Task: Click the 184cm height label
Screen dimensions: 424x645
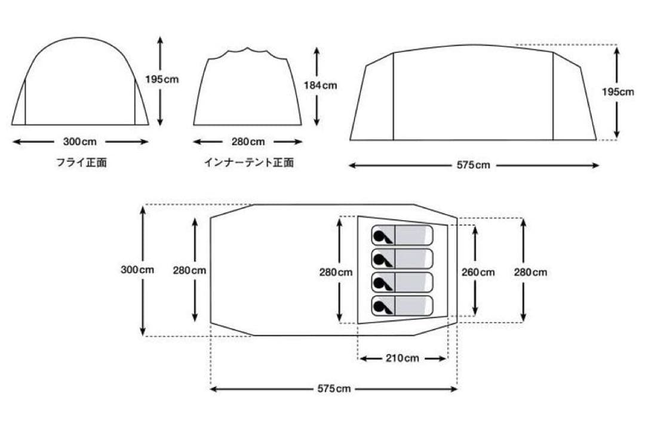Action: tap(320, 85)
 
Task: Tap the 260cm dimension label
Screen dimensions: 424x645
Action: tap(478, 272)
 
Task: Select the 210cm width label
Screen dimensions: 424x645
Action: tap(403, 358)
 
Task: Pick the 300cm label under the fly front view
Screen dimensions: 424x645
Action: tap(79, 142)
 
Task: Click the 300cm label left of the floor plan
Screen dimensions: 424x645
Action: tap(137, 270)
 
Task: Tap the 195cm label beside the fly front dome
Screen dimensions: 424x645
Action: tap(162, 79)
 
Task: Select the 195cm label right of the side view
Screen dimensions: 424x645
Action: tap(618, 92)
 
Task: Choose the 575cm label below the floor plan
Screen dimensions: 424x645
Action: tap(334, 389)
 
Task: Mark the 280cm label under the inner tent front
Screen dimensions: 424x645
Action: tap(248, 142)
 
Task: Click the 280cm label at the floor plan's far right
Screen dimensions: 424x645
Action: tap(530, 272)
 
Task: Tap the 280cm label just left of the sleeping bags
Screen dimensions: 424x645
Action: tap(336, 272)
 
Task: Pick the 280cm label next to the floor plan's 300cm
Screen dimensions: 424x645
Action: tap(190, 270)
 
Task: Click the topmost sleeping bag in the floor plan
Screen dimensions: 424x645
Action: tap(401, 235)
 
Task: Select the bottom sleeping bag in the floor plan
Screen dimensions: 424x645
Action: tap(401, 305)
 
